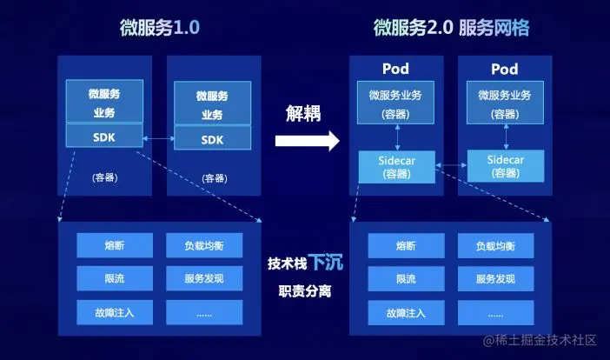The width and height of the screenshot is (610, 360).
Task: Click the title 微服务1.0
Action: (160, 27)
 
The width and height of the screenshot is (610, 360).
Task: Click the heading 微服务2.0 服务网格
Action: (451, 27)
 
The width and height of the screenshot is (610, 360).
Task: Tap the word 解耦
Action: (305, 113)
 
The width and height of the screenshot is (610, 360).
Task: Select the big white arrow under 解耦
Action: (306, 141)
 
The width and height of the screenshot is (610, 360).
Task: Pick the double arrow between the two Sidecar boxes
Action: (451, 163)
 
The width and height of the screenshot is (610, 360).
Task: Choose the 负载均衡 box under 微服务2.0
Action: (495, 245)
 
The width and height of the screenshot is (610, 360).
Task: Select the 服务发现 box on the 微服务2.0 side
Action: (495, 279)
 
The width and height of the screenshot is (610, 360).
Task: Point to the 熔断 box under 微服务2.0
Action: (405, 245)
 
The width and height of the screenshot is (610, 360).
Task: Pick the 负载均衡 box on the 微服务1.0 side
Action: (204, 245)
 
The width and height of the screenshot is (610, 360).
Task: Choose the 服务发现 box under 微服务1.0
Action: (204, 279)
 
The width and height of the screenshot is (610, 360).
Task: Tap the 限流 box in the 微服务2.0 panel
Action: (405, 279)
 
